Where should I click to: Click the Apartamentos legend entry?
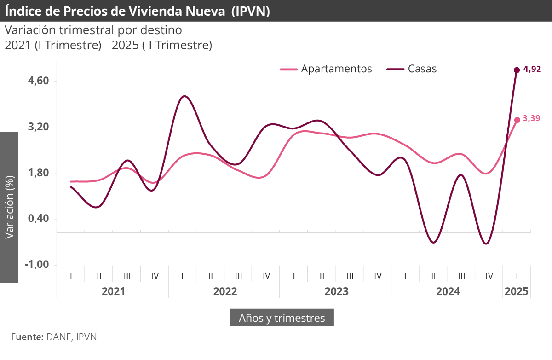(326, 69)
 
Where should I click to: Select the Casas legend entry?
(412, 69)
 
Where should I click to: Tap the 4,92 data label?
(532, 70)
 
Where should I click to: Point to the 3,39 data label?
(531, 118)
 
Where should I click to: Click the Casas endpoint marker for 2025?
(517, 70)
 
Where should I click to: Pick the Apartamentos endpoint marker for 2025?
(517, 120)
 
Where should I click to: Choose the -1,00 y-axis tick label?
(37, 265)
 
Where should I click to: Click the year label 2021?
(113, 291)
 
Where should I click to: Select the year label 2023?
(336, 291)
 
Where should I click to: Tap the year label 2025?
(517, 291)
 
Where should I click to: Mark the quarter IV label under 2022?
(266, 276)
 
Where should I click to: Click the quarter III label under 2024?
(461, 276)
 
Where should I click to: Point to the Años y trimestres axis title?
(282, 318)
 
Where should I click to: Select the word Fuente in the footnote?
(27, 337)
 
